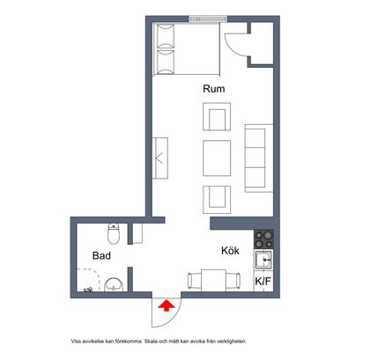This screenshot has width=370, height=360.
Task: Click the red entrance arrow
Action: (166, 305)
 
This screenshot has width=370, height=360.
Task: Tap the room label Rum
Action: (214, 89)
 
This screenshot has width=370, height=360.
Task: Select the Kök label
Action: (230, 251)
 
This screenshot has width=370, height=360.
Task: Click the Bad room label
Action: (101, 255)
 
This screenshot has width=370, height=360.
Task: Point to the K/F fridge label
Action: (263, 282)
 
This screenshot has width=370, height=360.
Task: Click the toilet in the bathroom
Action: (114, 234)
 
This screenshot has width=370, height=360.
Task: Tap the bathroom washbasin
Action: (114, 284)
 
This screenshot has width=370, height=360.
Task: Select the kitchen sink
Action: (263, 260)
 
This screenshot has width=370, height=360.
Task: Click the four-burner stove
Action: (263, 239)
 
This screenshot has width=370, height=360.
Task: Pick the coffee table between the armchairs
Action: (217, 158)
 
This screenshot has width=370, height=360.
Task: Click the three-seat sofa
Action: (259, 158)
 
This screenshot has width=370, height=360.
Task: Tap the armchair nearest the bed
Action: (217, 116)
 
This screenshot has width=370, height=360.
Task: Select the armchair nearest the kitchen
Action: (217, 200)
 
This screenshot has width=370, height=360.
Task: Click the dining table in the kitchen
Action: (213, 280)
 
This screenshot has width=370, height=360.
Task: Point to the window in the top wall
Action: (208, 18)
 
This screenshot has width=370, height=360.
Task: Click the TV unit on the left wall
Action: (160, 158)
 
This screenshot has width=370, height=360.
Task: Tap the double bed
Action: (186, 48)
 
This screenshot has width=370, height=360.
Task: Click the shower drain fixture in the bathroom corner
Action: (88, 290)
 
